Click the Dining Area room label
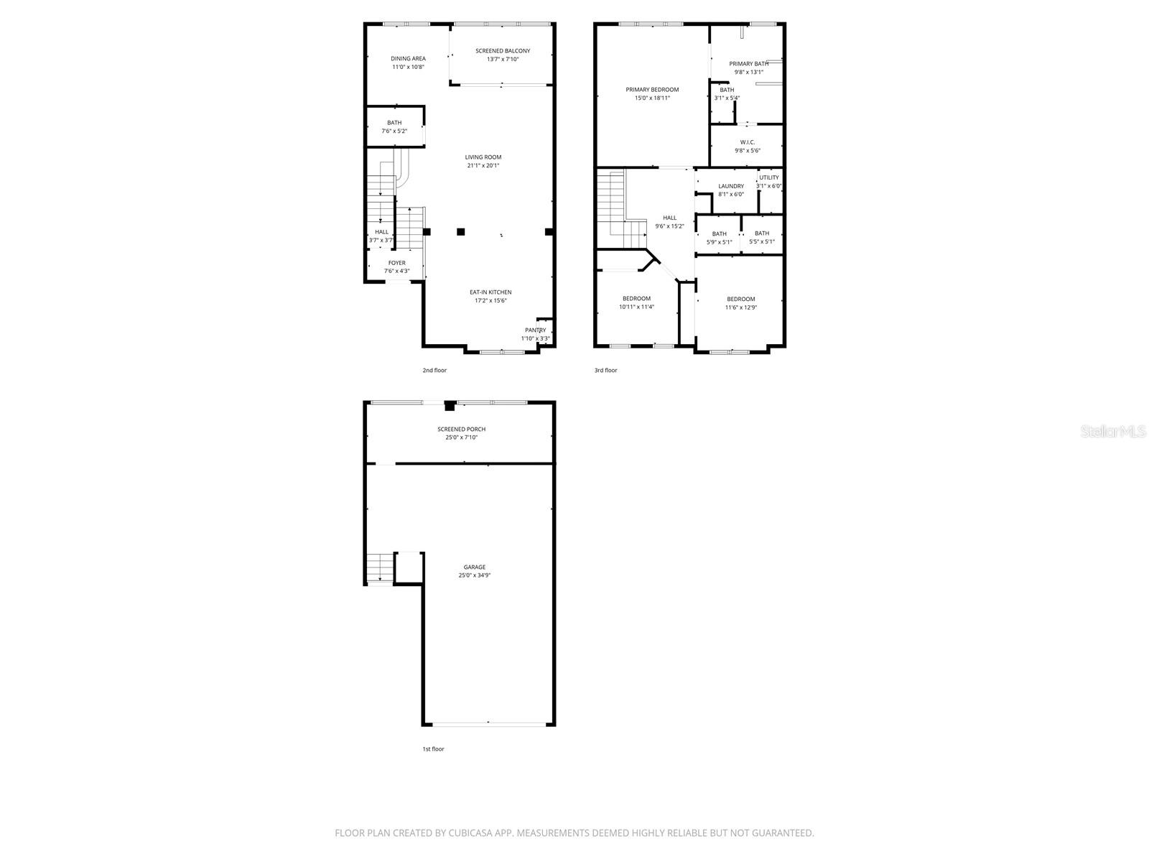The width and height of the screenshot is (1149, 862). point(408,59)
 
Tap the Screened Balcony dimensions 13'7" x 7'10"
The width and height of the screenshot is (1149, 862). point(503,60)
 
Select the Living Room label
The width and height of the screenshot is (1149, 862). point(483,157)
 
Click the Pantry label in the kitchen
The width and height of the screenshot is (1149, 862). point(535,330)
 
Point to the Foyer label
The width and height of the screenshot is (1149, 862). point(396,264)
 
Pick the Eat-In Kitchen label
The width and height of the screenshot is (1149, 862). point(490,292)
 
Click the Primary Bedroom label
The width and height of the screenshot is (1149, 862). point(652,90)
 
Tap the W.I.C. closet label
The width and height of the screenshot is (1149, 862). point(747,142)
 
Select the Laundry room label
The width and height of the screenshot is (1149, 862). point(731,187)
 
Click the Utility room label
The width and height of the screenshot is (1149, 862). point(768,178)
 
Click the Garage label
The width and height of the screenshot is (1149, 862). point(474,567)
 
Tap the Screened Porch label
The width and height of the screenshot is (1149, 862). point(462,430)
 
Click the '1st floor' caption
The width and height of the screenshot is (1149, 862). point(433,749)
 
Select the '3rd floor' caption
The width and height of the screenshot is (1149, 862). point(605,371)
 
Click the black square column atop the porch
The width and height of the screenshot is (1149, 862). point(450,406)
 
